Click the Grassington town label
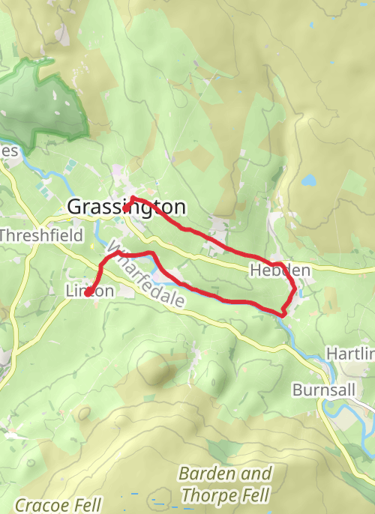[127, 207]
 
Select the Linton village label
[89, 291]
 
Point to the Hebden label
[280, 270]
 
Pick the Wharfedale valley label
[146, 276]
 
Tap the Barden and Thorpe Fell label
[225, 484]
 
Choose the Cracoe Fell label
[58, 504]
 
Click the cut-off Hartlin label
[351, 353]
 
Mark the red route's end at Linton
[88, 294]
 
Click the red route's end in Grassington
[125, 211]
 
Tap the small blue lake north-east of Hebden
[308, 180]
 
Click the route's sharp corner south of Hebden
[283, 312]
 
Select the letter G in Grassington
[74, 207]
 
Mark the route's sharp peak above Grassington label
[133, 198]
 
